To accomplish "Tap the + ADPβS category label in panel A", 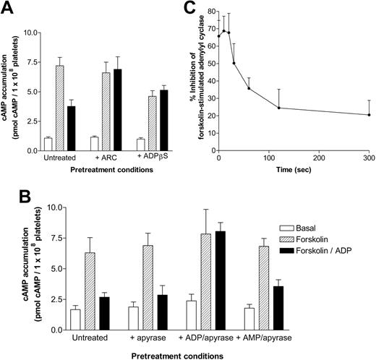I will click(141, 160).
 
